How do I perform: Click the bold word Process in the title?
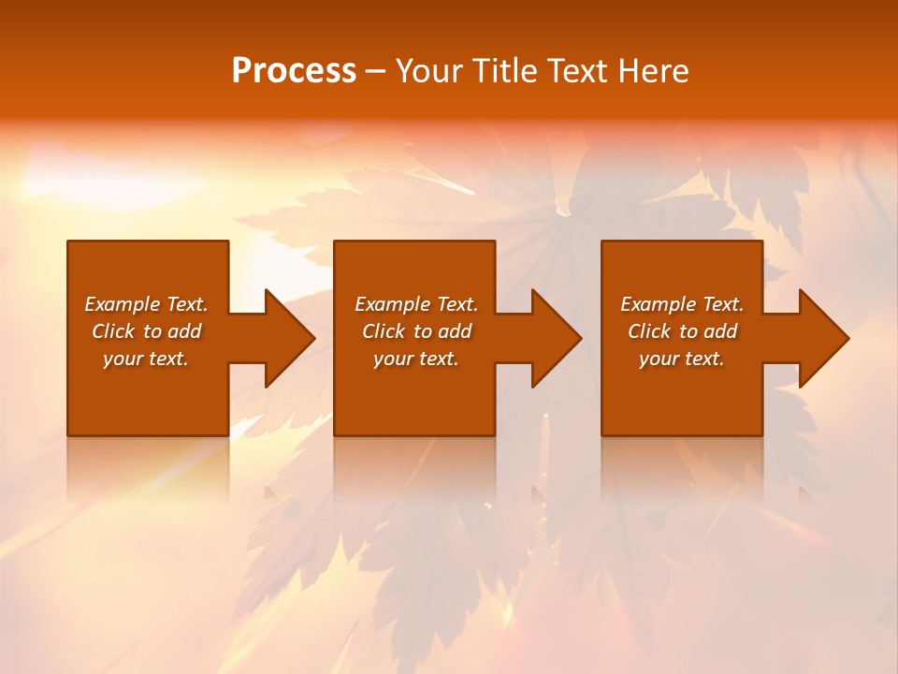[294, 71]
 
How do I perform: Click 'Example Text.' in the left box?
[147, 304]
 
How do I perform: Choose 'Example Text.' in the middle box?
[416, 304]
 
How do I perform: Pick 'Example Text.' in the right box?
[682, 304]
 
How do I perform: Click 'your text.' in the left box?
[146, 359]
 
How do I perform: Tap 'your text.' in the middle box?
[416, 359]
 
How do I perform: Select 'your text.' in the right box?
[682, 359]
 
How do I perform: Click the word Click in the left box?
[113, 331]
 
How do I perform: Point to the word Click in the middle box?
[384, 331]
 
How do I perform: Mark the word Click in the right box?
[649, 331]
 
